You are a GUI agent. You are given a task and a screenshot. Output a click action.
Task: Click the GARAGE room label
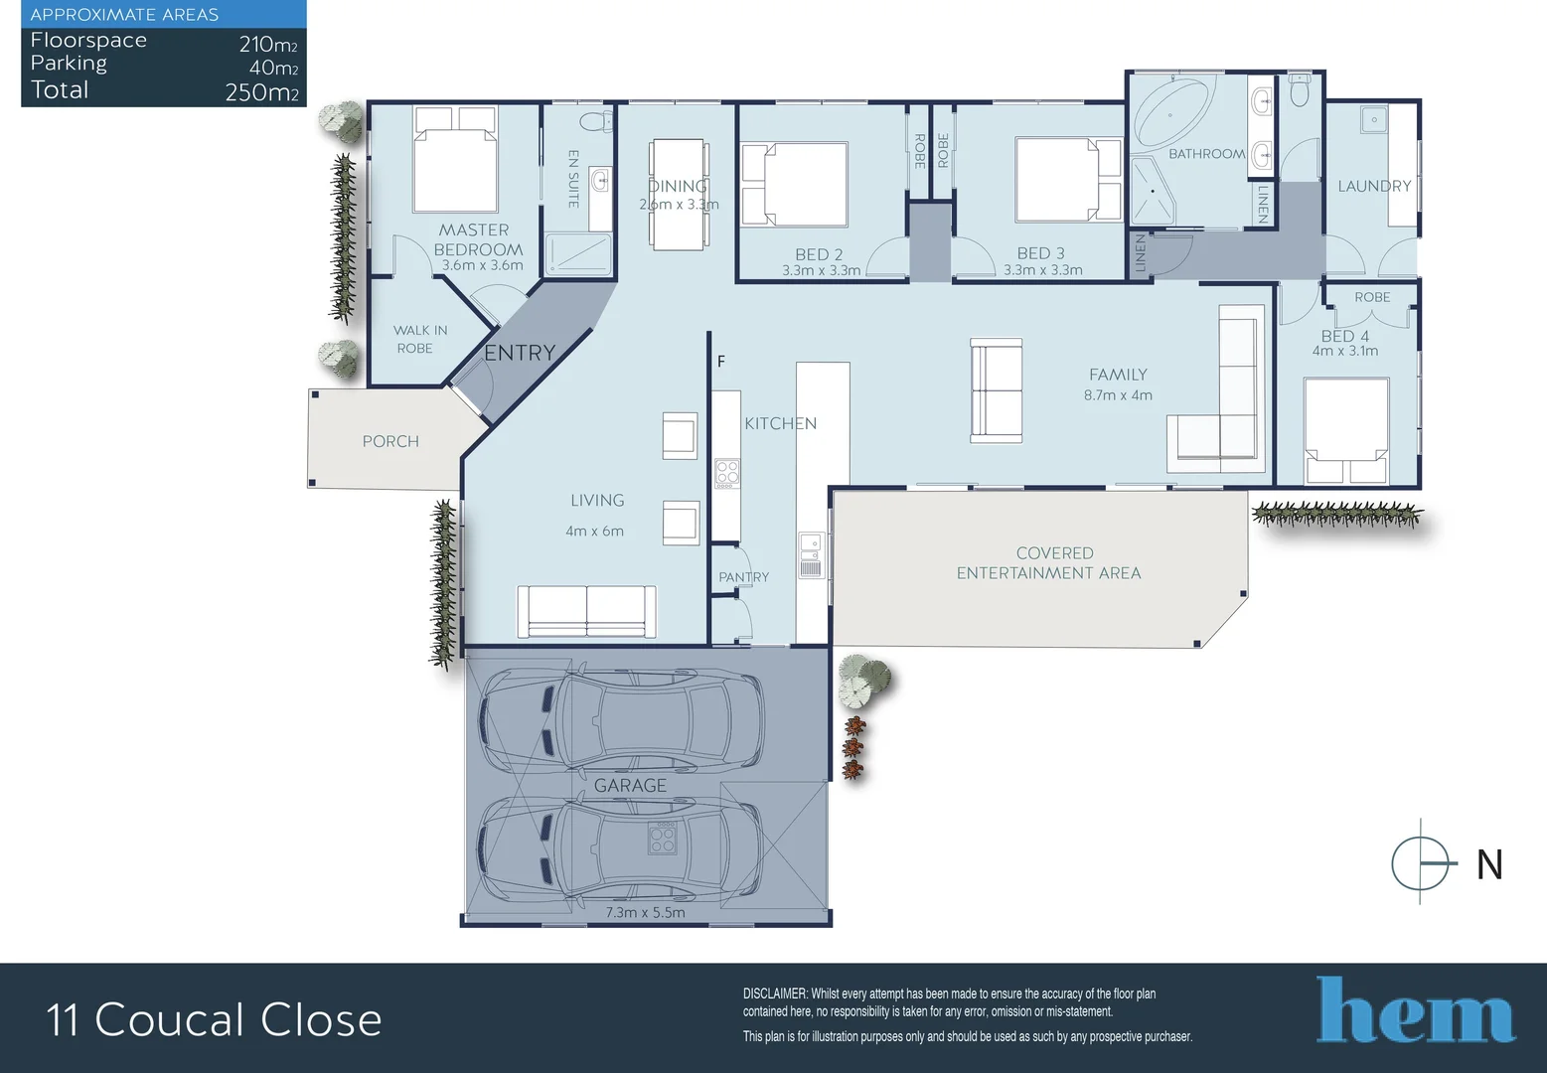[630, 785]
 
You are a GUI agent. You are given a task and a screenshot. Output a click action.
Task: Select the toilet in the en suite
[596, 121]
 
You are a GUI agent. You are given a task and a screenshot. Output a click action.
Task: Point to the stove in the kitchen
[727, 473]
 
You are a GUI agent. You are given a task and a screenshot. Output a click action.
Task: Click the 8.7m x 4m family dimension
[1118, 395]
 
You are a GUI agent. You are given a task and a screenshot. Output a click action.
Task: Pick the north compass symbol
[1421, 861]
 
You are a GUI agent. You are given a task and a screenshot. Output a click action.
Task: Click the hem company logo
[1415, 1011]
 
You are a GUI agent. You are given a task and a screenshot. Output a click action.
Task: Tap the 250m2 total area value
[261, 92]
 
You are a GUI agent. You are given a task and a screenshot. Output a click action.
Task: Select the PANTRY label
[743, 577]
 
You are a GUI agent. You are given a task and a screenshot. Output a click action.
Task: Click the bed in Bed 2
[795, 185]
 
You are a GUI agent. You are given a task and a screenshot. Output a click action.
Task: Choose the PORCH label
[390, 441]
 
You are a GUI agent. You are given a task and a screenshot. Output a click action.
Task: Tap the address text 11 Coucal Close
[214, 1020]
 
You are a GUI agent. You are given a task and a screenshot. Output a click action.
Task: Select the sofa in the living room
[586, 611]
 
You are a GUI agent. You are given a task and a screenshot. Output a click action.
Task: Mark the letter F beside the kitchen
[721, 362]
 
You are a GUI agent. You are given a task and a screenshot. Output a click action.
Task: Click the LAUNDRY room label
[1374, 186]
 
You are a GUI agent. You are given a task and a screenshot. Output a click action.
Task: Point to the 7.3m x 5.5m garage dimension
[645, 912]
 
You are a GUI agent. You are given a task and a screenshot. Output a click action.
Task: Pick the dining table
[680, 195]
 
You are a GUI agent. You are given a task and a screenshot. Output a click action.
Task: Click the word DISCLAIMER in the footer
[775, 994]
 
